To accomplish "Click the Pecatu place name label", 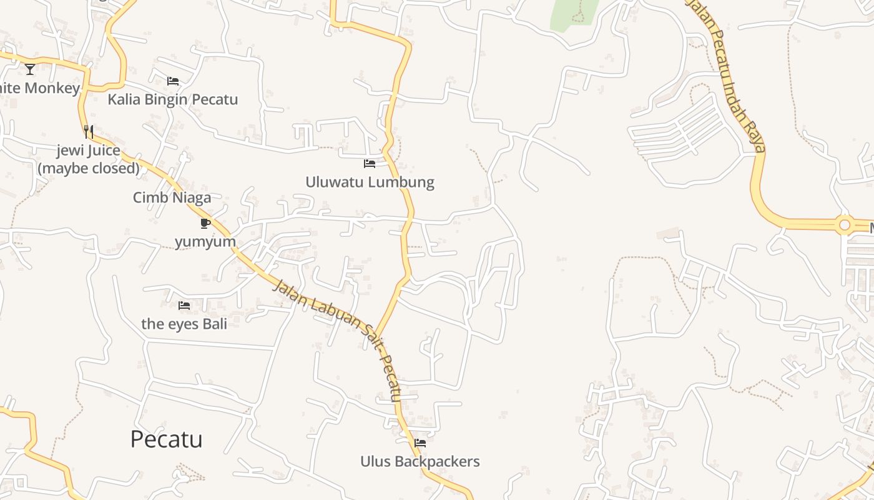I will pos(166,439).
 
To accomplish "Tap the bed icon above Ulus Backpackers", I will pos(420,443).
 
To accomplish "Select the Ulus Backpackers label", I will pos(420,462).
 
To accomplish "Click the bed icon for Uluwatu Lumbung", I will pos(370,164).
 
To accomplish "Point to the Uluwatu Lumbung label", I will pos(370,182).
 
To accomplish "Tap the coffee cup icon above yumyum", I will pos(205,223).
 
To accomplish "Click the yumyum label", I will pos(205,242).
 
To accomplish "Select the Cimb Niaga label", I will pos(172,198).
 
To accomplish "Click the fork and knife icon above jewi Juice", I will pos(89,131).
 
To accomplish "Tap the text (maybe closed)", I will pos(89,168).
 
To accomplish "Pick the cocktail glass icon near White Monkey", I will pos(30,69).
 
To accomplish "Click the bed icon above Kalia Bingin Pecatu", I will pos(173,81).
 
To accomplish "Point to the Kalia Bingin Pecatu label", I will pos(173,99).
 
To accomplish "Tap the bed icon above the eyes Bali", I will pos(184,306).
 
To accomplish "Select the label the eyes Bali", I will pos(184,324).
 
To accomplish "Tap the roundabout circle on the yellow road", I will pos(845,224).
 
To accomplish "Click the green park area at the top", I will pos(573,12).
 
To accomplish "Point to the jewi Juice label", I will pos(89,151).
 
